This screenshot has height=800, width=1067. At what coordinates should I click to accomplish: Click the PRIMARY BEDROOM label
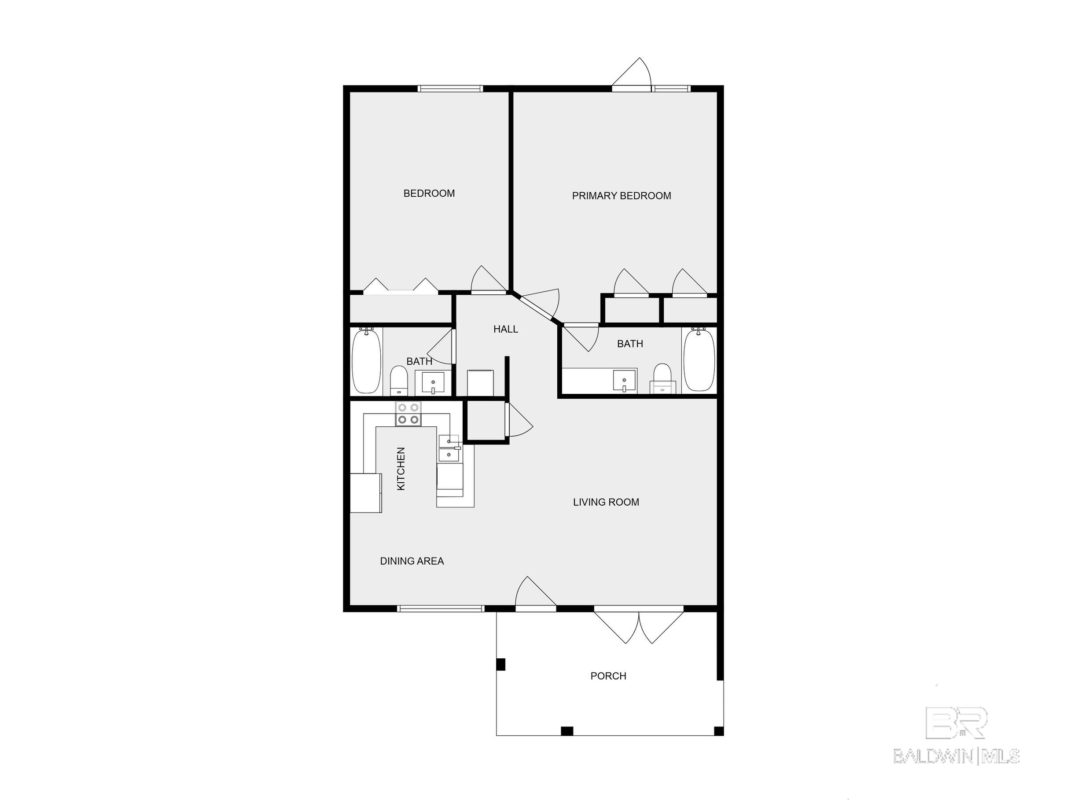(621, 196)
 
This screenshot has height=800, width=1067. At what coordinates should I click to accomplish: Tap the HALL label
(505, 329)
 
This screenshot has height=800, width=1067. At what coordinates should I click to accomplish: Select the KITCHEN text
(401, 469)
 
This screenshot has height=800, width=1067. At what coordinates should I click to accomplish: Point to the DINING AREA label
(412, 561)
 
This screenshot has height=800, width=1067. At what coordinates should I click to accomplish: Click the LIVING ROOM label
(606, 502)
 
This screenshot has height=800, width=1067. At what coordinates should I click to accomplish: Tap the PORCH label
(608, 676)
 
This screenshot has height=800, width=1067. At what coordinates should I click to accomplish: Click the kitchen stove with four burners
(408, 414)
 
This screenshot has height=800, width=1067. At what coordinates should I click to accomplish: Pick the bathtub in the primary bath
(699, 360)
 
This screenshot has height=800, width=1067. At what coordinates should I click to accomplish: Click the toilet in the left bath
(399, 381)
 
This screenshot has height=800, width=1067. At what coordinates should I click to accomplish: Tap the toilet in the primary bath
(663, 378)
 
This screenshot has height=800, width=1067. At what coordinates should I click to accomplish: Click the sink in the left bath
(433, 383)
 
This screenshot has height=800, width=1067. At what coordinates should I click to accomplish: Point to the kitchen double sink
(449, 448)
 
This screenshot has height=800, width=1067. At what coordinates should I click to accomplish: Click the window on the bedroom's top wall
(450, 89)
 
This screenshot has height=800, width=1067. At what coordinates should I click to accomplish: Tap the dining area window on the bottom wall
(441, 609)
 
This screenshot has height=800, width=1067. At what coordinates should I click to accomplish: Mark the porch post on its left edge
(500, 664)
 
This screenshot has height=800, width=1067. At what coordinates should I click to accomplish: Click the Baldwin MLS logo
(957, 735)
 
